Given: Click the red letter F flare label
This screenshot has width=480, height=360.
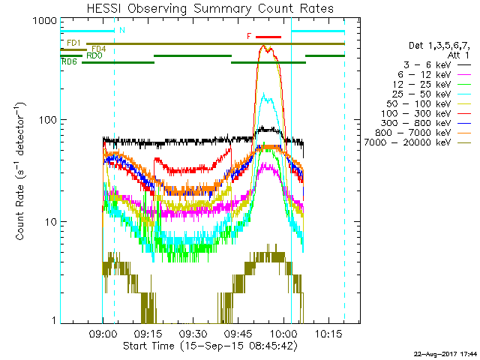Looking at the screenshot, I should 249,36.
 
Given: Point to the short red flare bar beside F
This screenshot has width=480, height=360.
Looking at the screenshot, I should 268,36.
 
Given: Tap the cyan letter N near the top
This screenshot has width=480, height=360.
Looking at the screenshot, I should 121,30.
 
